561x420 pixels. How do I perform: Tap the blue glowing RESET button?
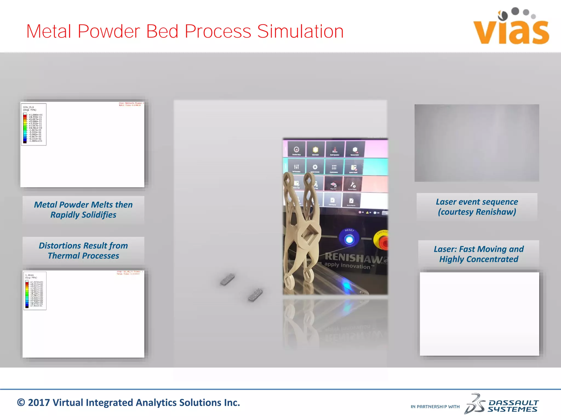pyautogui.click(x=349, y=240)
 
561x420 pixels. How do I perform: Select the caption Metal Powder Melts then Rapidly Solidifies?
pyautogui.click(x=83, y=210)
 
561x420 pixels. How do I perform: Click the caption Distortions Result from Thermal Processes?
pyautogui.click(x=83, y=250)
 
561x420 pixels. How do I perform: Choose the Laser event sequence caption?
pyautogui.click(x=477, y=207)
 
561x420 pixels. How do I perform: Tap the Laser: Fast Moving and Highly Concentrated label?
pyautogui.click(x=479, y=254)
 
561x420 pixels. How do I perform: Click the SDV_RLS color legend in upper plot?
pyautogui.click(x=33, y=124)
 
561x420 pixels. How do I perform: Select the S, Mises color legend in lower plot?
pyautogui.click(x=35, y=291)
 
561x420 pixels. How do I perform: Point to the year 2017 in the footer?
pyautogui.click(x=39, y=403)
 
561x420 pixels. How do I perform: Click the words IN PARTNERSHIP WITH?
pyautogui.click(x=435, y=407)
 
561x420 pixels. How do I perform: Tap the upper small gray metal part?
pyautogui.click(x=227, y=279)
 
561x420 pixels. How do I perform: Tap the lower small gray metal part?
pyautogui.click(x=255, y=295)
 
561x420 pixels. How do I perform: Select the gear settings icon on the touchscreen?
pyautogui.click(x=315, y=167)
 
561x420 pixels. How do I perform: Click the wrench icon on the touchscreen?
pyautogui.click(x=353, y=185)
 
